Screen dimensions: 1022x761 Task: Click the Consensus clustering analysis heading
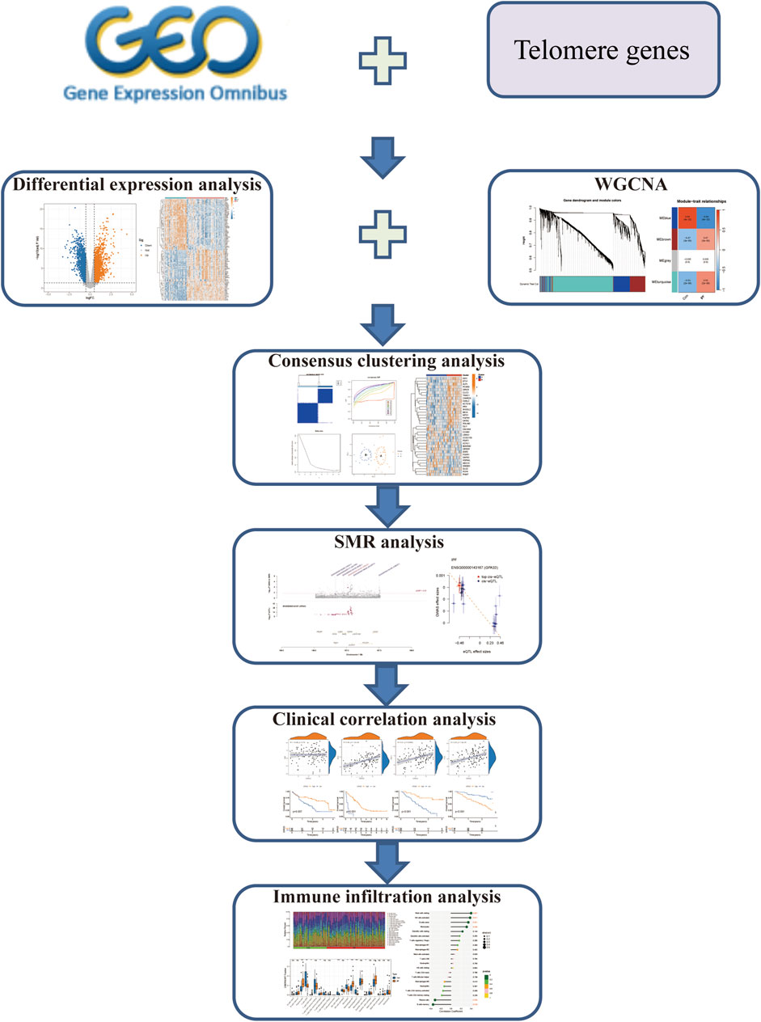(380, 361)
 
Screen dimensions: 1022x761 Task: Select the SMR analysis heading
(379, 542)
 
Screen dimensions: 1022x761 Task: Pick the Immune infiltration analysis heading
(380, 897)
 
